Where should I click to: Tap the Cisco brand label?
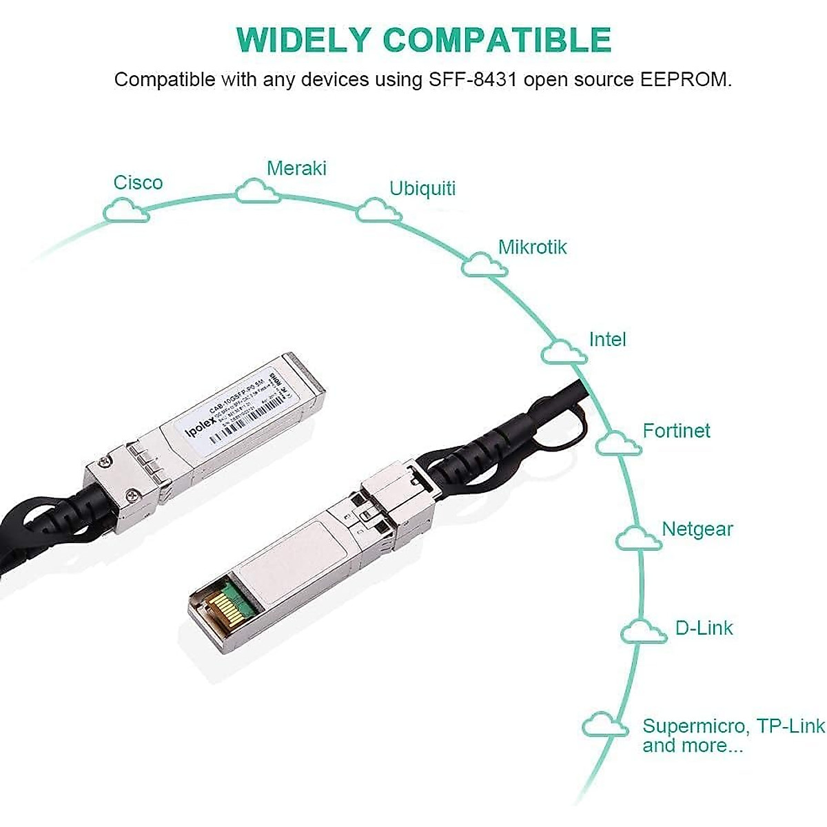tap(138, 183)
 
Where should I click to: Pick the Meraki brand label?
tap(296, 168)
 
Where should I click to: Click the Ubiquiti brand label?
tap(422, 189)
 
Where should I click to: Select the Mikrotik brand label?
tap(532, 247)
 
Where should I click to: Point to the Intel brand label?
tap(607, 339)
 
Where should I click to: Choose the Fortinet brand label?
tap(676, 431)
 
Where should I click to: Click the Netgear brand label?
tap(697, 529)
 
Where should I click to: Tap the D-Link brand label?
tap(704, 628)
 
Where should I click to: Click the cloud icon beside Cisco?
tap(126, 210)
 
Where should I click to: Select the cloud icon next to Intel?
tap(564, 351)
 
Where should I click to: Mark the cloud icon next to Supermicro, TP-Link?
tap(604, 726)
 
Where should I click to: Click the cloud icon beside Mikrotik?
tap(484, 264)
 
